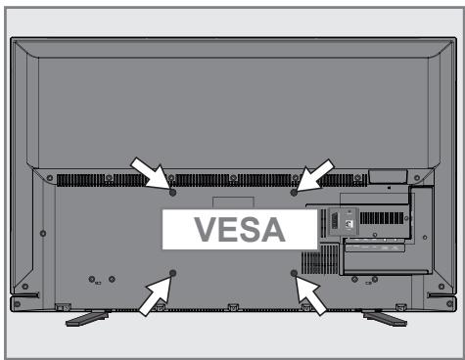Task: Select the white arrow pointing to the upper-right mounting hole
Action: (x=316, y=174)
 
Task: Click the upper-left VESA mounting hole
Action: (x=172, y=191)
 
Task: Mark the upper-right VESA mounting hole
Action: (x=295, y=191)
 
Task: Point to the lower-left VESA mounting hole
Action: (x=173, y=273)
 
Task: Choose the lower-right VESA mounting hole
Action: (x=295, y=273)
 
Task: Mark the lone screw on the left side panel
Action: (x=41, y=235)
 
